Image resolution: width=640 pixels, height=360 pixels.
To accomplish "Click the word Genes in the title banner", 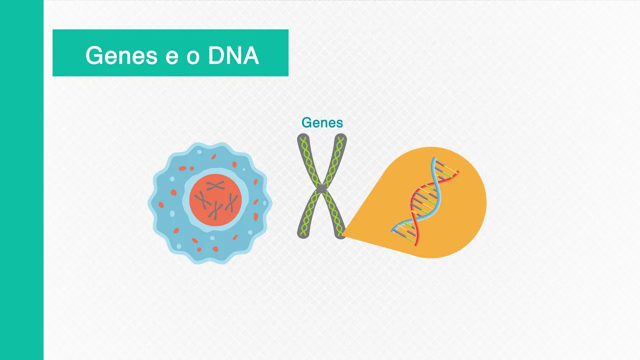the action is (x=121, y=55).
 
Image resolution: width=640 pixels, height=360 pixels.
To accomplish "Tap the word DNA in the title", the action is (x=233, y=55).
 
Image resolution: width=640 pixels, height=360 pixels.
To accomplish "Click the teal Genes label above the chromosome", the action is (x=322, y=122).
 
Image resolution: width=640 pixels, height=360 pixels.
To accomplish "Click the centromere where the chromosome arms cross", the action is (x=322, y=189).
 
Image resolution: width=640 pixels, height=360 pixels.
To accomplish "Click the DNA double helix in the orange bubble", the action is (x=424, y=202).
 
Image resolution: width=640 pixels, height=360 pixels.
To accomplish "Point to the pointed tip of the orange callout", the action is (x=344, y=234).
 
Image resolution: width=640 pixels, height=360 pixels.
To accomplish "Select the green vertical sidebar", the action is (x=21, y=180).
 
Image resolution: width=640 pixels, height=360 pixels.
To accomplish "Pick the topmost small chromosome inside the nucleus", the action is (x=215, y=186).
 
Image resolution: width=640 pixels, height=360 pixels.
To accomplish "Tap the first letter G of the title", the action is (x=93, y=55).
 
